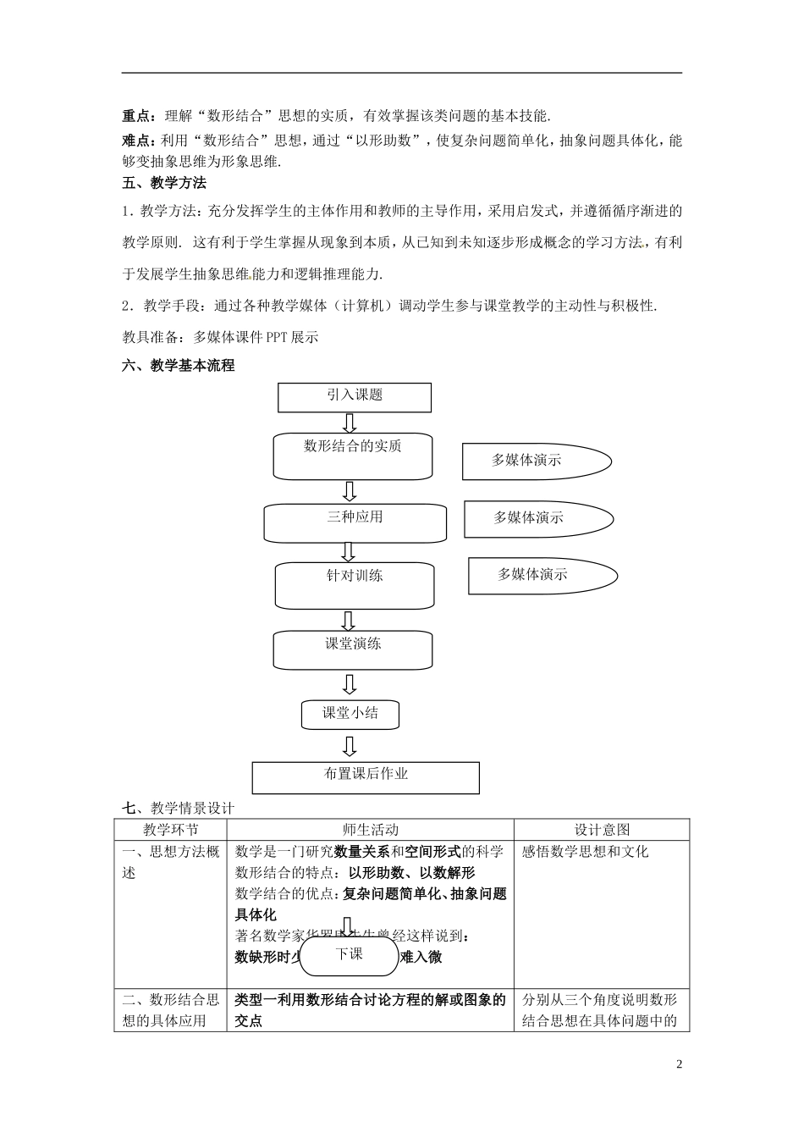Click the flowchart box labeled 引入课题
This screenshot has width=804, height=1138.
(x=354, y=396)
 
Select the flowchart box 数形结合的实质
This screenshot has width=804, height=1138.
(x=352, y=456)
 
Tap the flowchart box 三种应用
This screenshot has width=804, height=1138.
(x=355, y=522)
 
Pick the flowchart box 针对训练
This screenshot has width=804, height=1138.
(x=355, y=584)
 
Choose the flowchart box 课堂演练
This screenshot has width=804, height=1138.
(x=353, y=649)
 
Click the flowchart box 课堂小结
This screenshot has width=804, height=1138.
(x=350, y=714)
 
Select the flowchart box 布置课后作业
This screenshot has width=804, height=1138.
(x=366, y=776)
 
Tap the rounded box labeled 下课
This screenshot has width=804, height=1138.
(x=349, y=955)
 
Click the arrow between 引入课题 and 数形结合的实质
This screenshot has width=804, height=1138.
(x=350, y=422)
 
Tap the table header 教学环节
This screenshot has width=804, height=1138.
(x=170, y=830)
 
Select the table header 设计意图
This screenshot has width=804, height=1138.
(x=602, y=830)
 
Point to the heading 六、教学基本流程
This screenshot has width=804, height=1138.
(x=179, y=366)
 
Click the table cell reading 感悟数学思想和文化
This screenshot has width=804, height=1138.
(x=586, y=852)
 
